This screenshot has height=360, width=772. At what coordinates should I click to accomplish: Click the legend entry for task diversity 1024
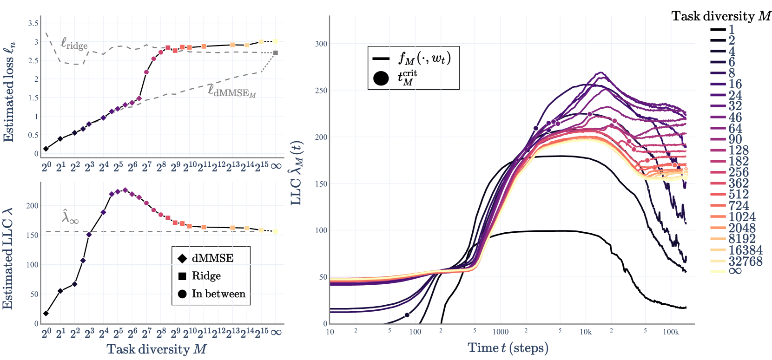[742, 217]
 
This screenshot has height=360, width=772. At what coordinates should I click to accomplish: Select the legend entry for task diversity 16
[735, 84]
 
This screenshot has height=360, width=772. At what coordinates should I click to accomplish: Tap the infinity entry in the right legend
[735, 271]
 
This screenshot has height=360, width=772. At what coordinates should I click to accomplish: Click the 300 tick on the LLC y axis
[321, 44]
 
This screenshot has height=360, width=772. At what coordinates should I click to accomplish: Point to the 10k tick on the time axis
[586, 332]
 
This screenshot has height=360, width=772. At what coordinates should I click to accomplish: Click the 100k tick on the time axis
[671, 332]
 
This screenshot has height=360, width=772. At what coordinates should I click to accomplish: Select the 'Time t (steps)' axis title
[508, 348]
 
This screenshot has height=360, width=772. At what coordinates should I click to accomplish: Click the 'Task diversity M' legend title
[721, 16]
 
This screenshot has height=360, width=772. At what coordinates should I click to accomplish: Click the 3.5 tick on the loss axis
[33, 23]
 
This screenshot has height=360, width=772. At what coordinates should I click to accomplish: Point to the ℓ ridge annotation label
[74, 44]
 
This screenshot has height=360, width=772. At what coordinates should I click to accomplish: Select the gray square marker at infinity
[276, 53]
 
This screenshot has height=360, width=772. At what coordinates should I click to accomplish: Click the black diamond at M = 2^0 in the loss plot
[46, 149]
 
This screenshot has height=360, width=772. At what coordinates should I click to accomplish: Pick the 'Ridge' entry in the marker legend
[206, 276]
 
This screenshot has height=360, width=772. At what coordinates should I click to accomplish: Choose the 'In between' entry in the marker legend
[218, 294]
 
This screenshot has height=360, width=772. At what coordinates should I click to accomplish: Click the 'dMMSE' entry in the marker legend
[212, 258]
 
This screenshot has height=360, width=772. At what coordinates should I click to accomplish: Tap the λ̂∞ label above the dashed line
[70, 217]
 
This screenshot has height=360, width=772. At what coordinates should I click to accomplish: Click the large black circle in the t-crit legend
[381, 78]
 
